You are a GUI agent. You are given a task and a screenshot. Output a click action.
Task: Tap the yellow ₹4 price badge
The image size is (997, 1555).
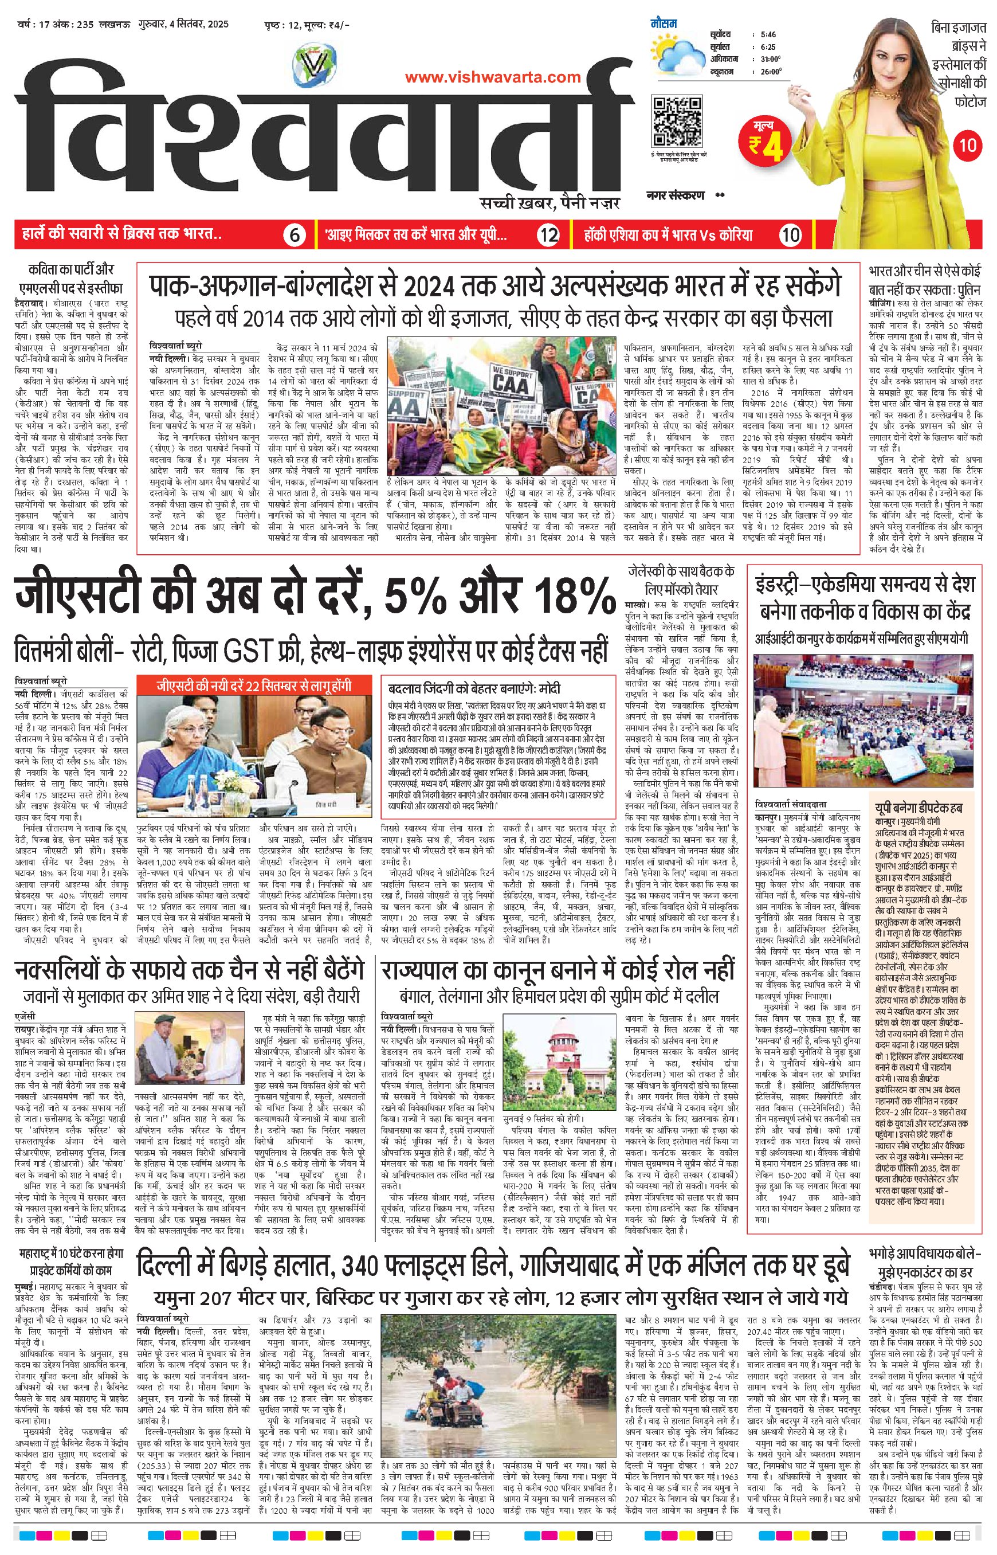[767, 139]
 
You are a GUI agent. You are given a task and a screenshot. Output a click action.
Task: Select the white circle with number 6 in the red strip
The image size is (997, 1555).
[293, 235]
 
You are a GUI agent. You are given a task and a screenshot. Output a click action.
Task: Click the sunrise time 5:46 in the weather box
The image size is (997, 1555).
[768, 34]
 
